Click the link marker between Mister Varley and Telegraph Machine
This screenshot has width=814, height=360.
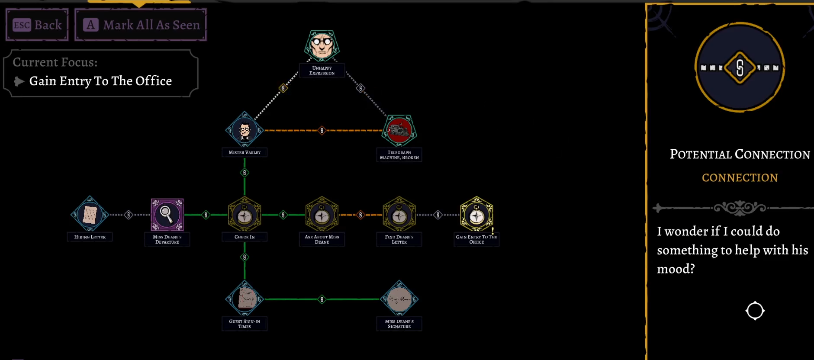coord(322,130)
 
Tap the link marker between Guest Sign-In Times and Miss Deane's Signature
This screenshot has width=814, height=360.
coord(322,299)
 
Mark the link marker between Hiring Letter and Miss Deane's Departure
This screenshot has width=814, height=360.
coord(129,215)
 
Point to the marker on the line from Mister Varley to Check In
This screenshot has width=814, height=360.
coord(245,173)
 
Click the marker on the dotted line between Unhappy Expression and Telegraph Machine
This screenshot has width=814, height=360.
coord(360,88)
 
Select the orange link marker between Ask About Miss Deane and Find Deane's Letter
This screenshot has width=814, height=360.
coord(360,215)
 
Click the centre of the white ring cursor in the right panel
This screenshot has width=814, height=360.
coord(755,310)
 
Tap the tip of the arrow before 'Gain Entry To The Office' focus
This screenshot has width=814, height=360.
coord(24,81)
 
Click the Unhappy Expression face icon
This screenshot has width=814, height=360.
coord(322,45)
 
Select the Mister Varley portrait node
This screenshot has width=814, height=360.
coord(245,130)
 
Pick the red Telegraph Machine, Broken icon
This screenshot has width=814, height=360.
coord(399,130)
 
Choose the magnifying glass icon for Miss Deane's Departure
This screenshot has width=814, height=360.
coord(167,215)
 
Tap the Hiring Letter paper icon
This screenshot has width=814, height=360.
coord(90,215)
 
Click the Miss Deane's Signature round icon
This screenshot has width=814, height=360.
coord(399,299)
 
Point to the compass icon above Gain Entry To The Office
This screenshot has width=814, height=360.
coord(476,215)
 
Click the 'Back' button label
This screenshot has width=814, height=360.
coord(48,25)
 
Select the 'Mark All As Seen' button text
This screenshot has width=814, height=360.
coord(151,25)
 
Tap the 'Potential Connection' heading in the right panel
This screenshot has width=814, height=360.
coord(740,154)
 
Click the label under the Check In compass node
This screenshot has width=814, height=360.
coord(245,237)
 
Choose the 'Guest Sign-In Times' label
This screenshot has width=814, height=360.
coord(245,324)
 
